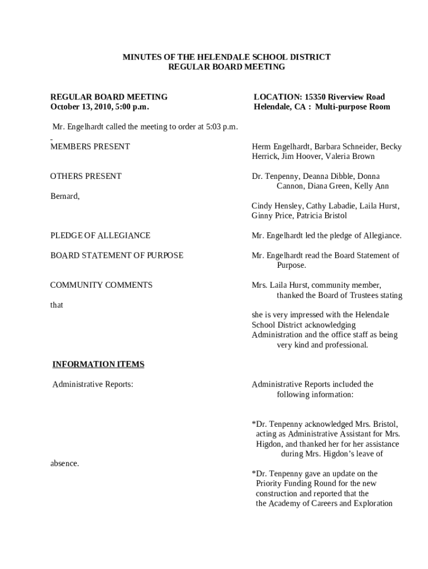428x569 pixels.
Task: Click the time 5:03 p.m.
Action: [222, 127]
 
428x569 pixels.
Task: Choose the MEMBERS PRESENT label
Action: [90, 147]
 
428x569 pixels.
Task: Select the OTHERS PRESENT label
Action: [86, 176]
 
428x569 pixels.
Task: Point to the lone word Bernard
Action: [64, 196]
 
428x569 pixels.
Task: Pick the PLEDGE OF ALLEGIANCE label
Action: [100, 236]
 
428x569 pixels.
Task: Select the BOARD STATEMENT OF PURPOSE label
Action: [117, 256]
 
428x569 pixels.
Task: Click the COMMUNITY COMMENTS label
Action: [101, 285]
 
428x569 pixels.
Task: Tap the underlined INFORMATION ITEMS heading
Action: [98, 365]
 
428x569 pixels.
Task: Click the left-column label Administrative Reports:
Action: [93, 385]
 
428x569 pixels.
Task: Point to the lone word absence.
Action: [64, 463]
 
